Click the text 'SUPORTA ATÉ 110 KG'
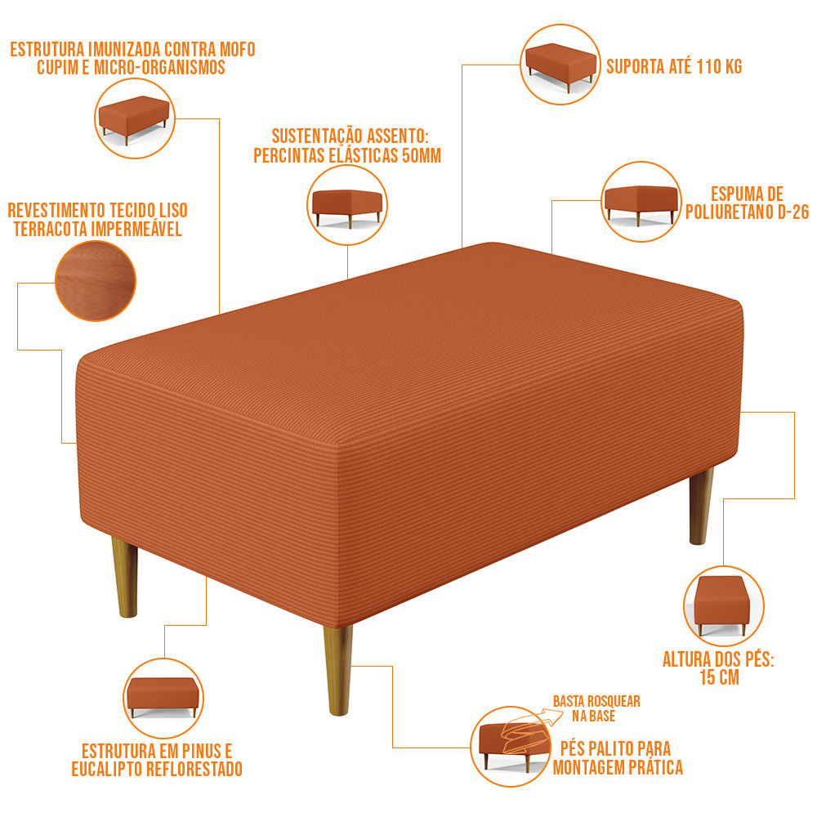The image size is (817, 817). pos(674,67)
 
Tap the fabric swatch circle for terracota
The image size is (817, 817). pos(96,281)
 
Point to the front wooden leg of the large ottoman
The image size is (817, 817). pos(338,670)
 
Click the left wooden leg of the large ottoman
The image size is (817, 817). pos(125,577)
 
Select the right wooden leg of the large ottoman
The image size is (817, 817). pos(701,506)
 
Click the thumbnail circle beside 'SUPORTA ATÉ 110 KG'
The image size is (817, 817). pos(560,65)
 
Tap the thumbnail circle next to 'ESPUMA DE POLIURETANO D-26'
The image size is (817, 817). pos(641,202)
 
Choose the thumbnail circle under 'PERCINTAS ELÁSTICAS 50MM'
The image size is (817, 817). pos(347,205)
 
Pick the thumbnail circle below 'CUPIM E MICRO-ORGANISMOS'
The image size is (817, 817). pos(135,118)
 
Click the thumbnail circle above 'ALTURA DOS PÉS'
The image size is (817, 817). pos(724,606)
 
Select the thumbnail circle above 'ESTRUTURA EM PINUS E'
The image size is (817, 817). pos(163,699)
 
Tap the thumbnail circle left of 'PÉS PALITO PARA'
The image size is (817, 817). pos(511,747)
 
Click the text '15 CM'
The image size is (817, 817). pos(719,677)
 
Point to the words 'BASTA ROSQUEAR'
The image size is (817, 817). pos(596,701)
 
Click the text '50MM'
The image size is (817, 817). pos(422,156)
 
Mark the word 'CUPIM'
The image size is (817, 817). pos(57,68)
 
